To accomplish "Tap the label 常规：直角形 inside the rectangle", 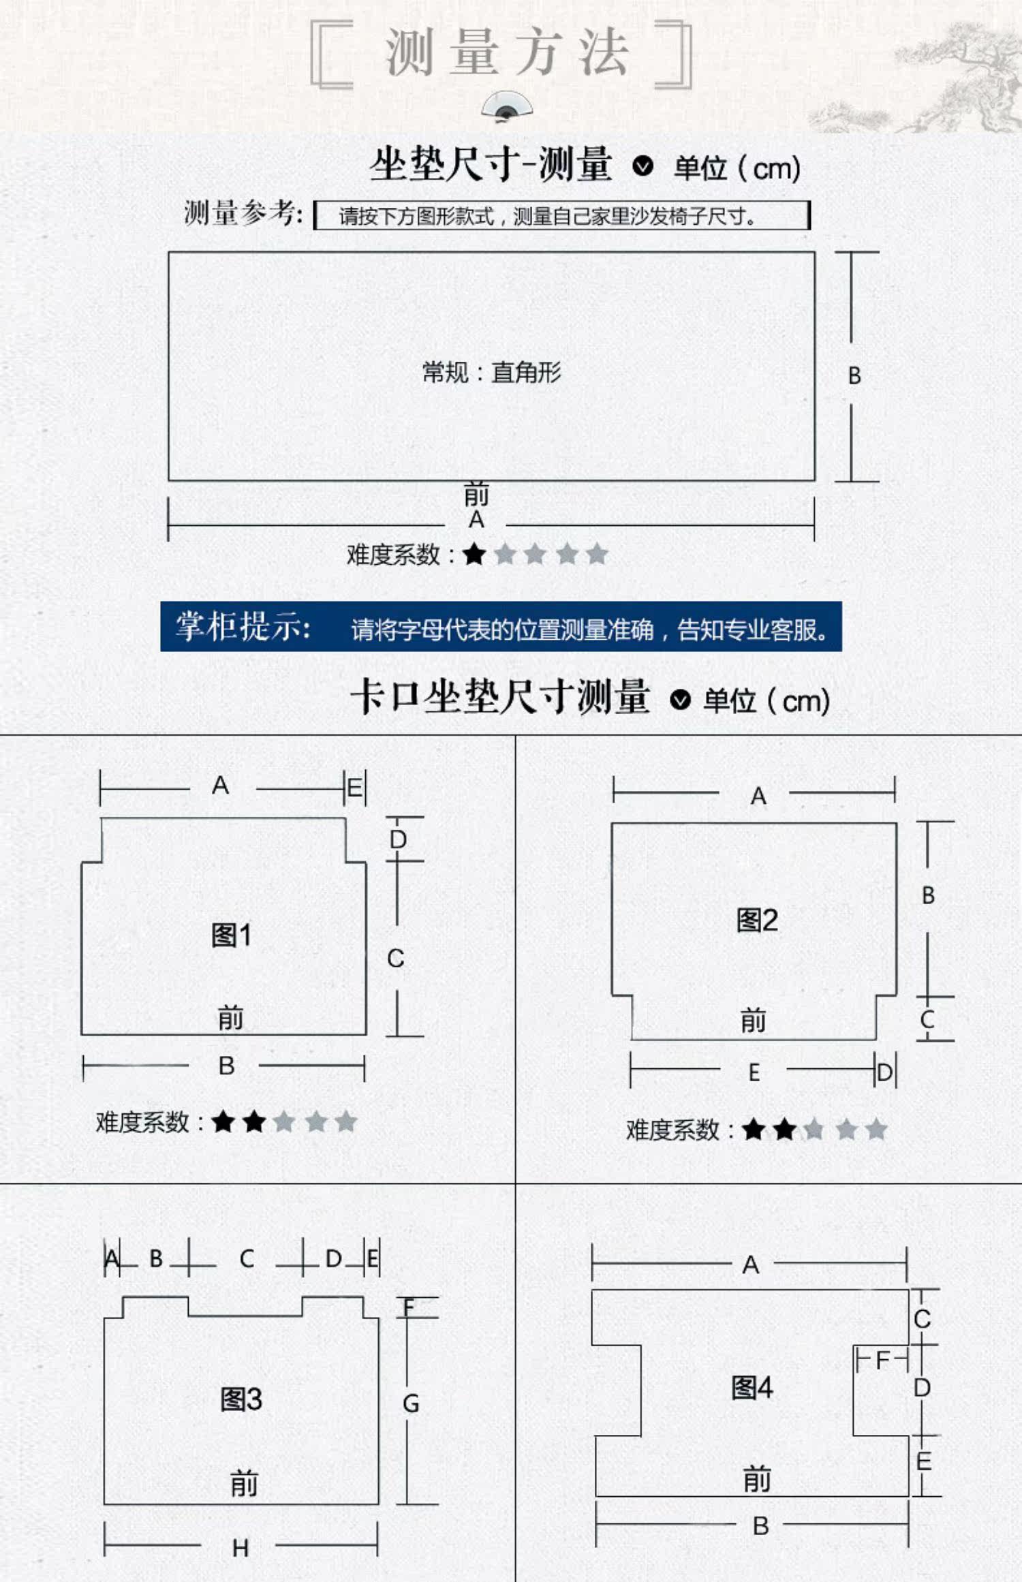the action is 492,373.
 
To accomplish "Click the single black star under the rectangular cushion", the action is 474,554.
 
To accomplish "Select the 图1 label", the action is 232,935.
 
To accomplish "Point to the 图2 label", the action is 757,920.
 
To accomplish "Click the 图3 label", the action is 241,1399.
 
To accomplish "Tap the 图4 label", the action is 752,1387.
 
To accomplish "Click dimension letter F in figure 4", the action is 882,1361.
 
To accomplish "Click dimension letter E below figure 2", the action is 754,1073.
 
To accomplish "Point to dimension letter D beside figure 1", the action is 398,839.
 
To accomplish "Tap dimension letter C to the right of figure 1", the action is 396,958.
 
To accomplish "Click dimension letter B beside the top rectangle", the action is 854,375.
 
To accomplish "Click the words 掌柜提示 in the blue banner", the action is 243,626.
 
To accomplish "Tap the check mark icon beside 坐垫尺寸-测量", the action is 642,166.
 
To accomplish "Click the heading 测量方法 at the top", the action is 507,52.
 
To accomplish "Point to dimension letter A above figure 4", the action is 750,1265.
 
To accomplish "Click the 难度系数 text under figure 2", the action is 672,1130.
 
